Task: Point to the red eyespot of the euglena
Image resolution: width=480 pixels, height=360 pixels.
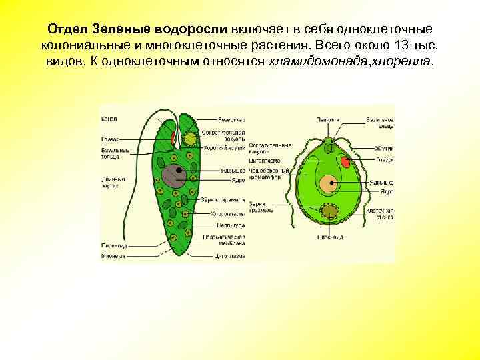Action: [x=174, y=139]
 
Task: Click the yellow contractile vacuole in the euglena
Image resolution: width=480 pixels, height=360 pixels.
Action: [x=191, y=138]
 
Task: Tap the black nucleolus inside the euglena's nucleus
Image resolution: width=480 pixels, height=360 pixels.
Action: [x=179, y=171]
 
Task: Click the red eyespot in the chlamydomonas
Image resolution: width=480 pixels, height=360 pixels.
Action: [x=345, y=161]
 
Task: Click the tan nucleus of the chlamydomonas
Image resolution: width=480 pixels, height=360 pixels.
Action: [x=327, y=184]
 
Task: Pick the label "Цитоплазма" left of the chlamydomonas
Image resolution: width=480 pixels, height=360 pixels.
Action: [x=262, y=161]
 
